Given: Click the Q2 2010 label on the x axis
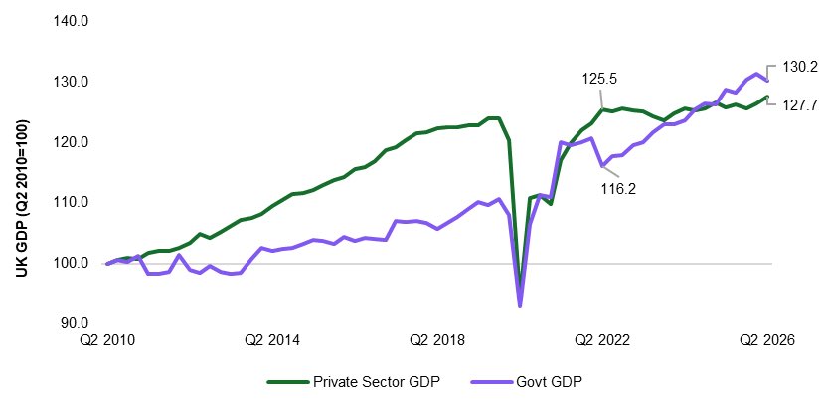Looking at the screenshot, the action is coord(107,340).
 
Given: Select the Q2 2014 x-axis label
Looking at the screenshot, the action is coord(272,340).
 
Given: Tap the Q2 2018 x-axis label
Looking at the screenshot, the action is coord(437,340).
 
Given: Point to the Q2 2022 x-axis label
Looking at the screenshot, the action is coord(602,340).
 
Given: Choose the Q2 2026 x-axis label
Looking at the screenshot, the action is coord(767,340).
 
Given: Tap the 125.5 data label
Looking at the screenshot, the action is coord(599,79).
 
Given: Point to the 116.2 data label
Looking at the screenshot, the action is coord(618,189).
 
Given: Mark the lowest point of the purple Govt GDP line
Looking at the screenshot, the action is coord(520,306).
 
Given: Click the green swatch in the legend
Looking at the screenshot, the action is coord(288,382).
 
